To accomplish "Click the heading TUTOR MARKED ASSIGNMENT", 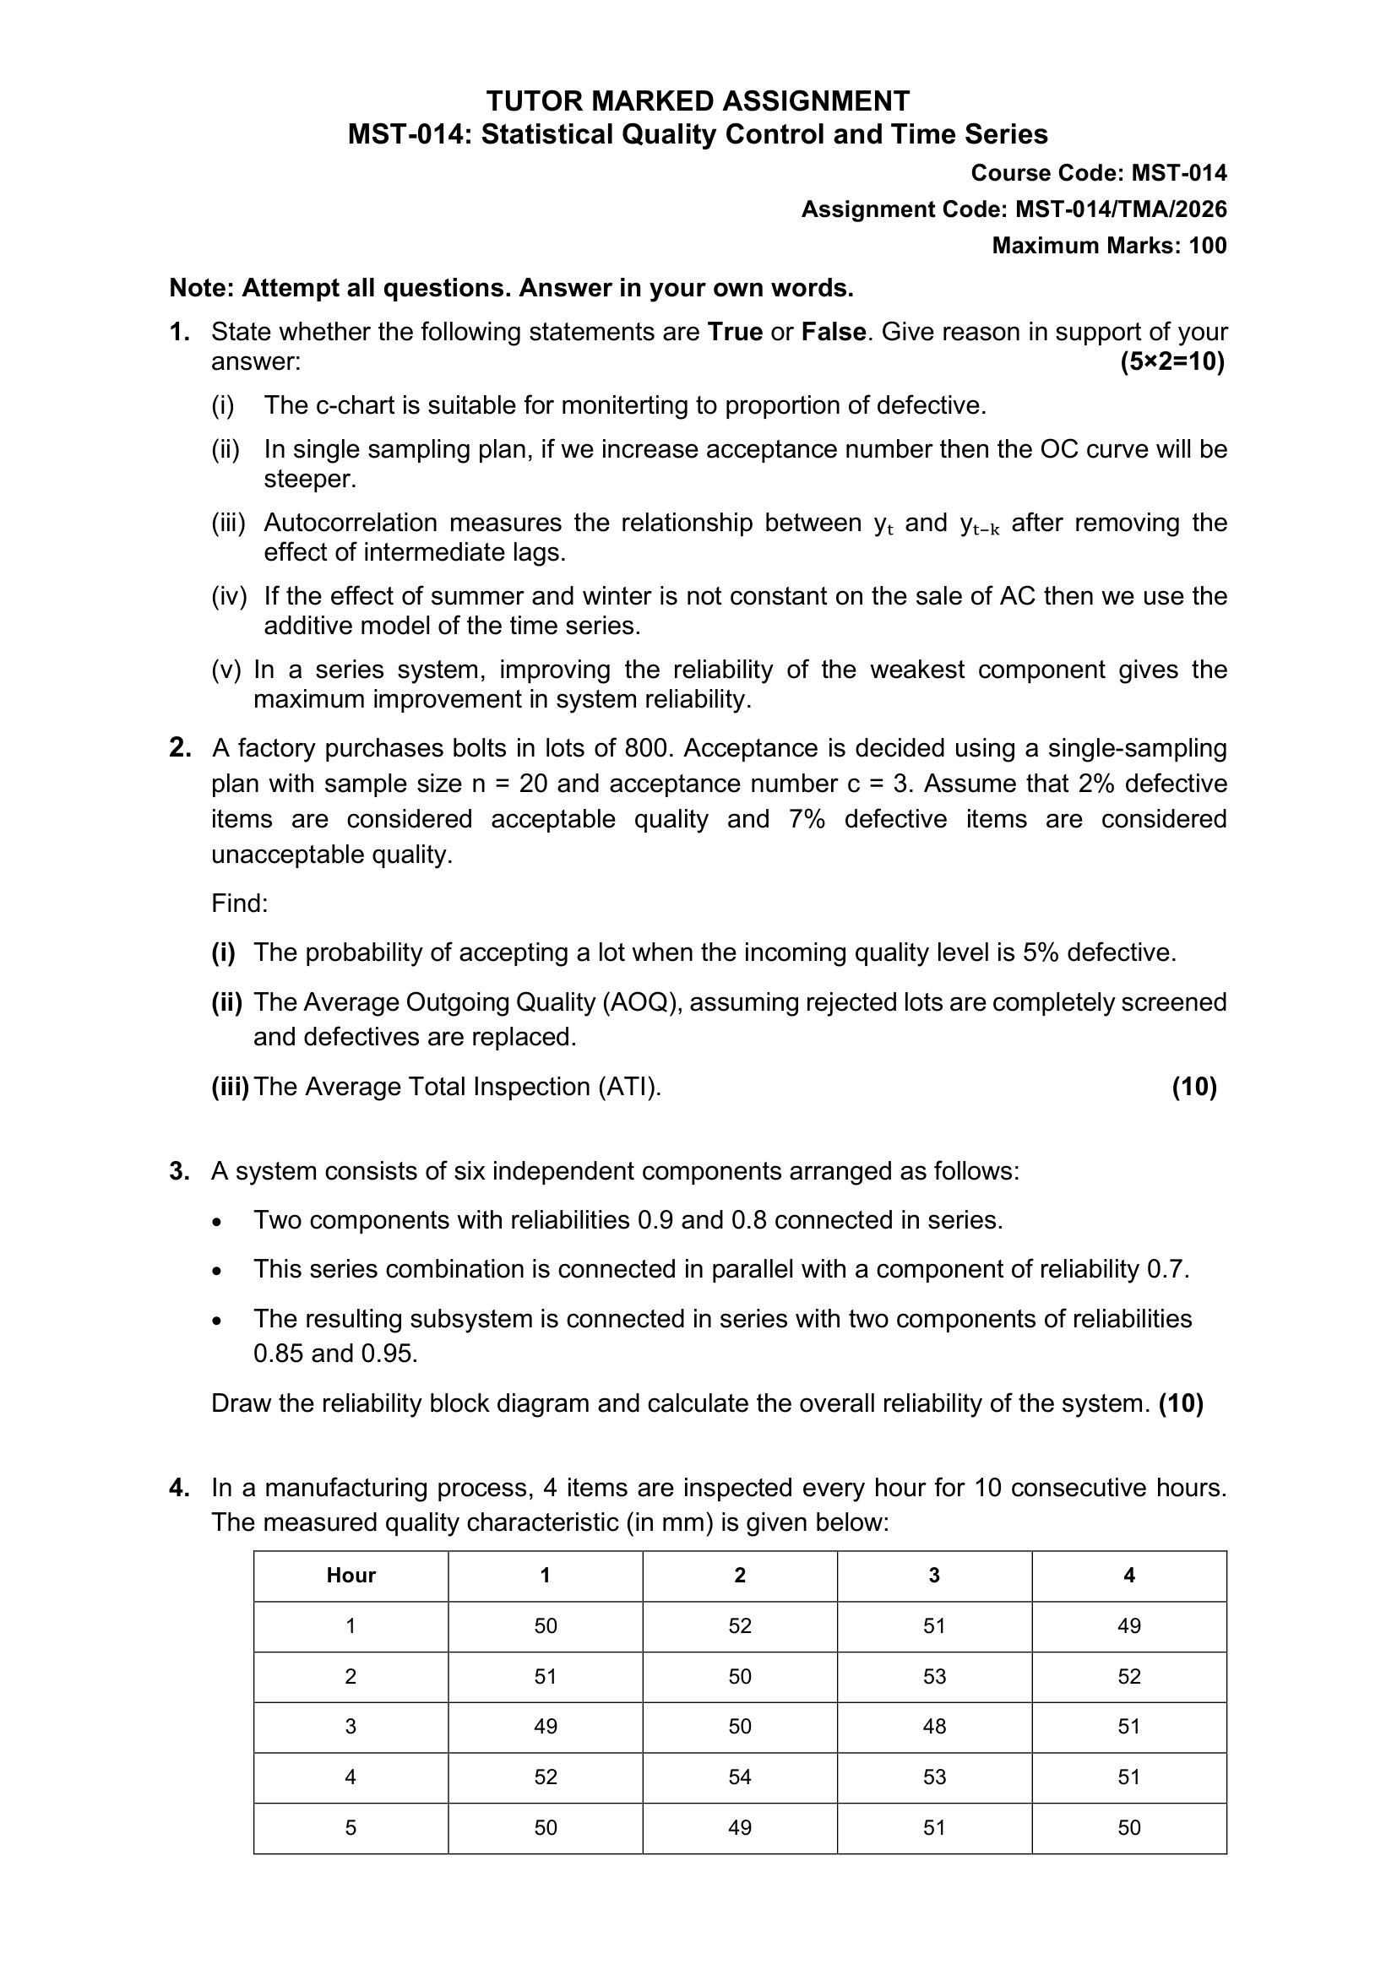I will pos(698,101).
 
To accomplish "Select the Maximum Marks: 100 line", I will pos(1109,246).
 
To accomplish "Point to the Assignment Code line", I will pos(1014,210).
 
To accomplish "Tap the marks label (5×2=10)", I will pos(1171,362).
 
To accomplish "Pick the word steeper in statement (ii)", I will pos(309,479).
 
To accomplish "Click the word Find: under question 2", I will pos(240,903).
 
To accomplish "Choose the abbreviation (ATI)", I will pos(630,1088).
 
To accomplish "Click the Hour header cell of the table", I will pos(351,1575).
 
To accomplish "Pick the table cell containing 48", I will pos(934,1727).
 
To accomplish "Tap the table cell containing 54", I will pos(740,1777).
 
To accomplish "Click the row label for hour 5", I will pos(351,1828).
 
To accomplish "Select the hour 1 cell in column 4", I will pos(1128,1625).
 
